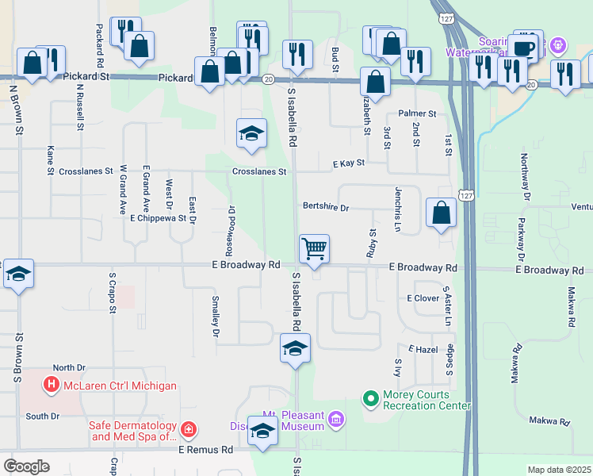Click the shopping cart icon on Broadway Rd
(315, 249)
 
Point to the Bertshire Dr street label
(325, 208)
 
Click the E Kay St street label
(348, 163)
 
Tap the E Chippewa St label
(158, 218)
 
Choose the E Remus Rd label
(205, 450)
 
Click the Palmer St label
(417, 114)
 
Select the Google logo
(26, 466)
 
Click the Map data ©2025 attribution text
(558, 470)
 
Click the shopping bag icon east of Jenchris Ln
(442, 213)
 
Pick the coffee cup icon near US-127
(523, 48)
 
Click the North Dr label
(68, 368)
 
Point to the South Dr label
(42, 416)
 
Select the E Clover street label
(423, 298)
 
